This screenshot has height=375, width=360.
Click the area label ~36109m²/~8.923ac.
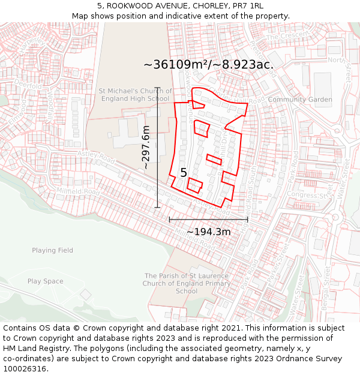[208, 65]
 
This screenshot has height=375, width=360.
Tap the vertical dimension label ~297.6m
[146, 147]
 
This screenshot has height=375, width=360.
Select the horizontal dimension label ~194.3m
[208, 232]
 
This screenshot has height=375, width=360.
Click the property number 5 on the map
[184, 173]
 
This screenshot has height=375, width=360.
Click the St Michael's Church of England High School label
[135, 95]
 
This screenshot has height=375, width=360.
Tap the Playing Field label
[53, 250]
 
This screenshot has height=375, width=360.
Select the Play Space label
[45, 281]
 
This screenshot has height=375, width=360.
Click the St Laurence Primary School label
[187, 283]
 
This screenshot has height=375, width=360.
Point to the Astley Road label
[96, 157]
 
